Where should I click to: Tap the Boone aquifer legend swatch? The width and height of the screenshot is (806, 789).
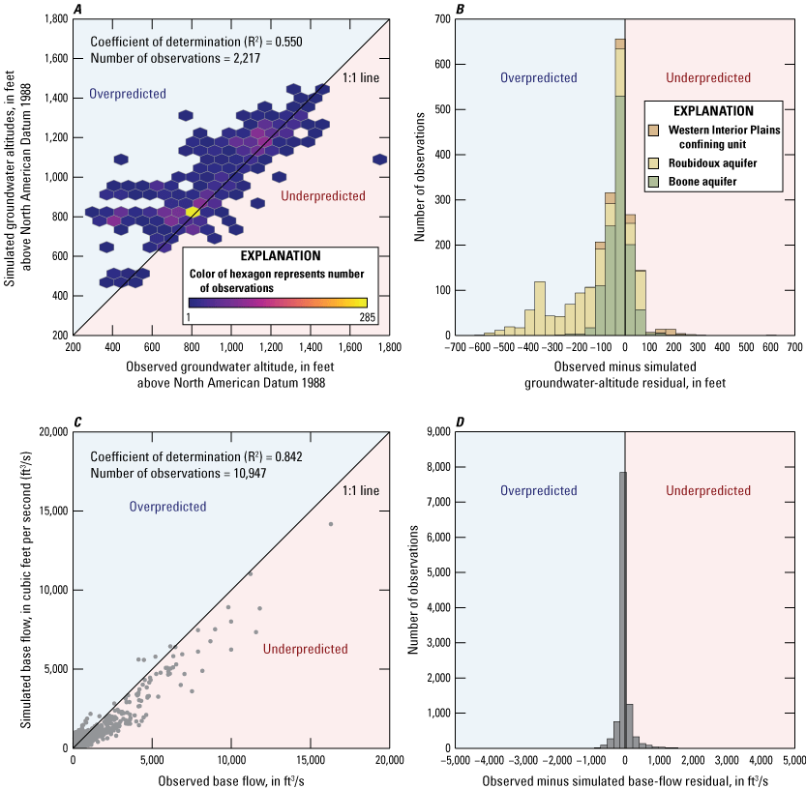pos(653,180)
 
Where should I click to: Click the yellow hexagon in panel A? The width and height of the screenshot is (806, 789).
pos(193,211)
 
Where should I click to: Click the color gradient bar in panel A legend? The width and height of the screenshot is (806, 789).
pos(278,302)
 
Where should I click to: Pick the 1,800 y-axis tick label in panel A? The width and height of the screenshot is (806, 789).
pos(52,18)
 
